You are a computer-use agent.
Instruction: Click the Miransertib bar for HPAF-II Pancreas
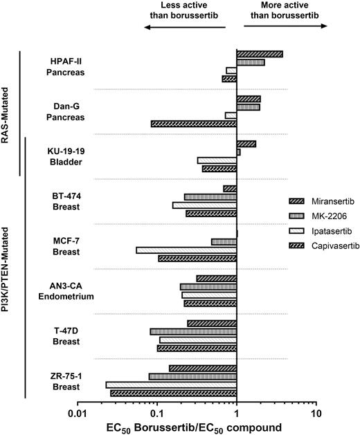click(260, 54)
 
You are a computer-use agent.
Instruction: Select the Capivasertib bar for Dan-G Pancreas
click(194, 124)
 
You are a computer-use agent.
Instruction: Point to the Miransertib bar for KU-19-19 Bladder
click(246, 144)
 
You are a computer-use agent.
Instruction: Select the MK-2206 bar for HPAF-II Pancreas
click(251, 62)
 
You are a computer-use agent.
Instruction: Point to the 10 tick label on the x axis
click(316, 413)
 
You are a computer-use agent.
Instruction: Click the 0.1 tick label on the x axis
click(157, 413)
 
